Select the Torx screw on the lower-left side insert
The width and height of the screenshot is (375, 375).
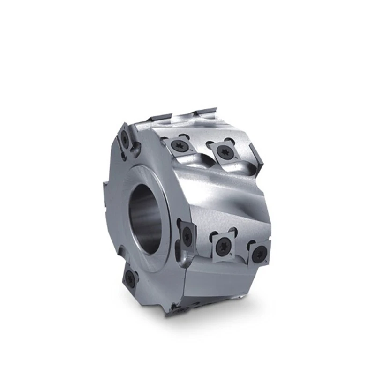(130, 280)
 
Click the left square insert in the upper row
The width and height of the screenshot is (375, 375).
(180, 145)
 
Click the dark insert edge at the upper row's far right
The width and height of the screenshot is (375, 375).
(257, 155)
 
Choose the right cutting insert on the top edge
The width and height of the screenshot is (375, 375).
(206, 111)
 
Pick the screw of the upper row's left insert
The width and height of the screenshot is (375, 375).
(180, 145)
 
